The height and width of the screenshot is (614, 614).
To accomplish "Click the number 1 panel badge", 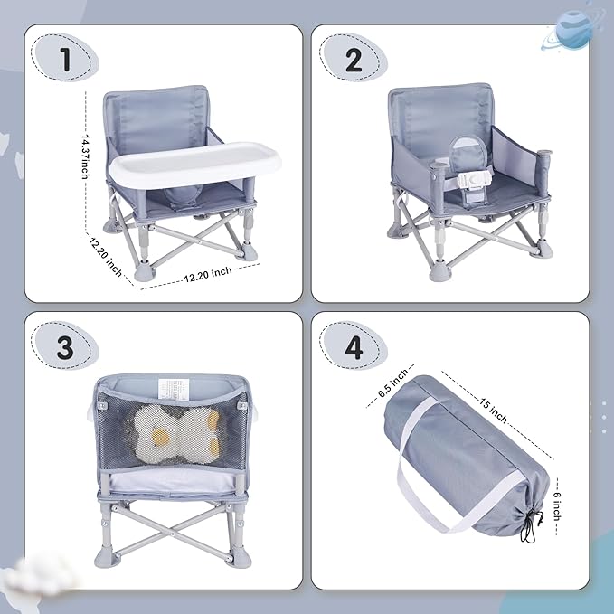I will (x=64, y=61).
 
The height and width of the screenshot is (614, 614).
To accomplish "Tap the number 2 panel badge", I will (x=354, y=61).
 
